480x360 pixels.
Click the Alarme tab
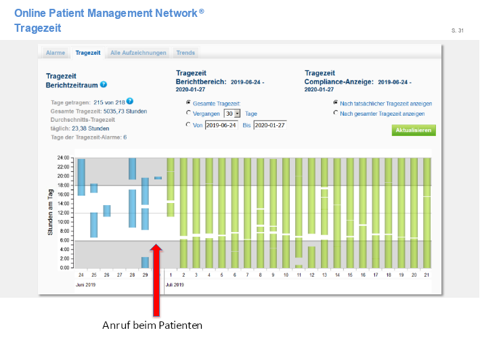click(x=56, y=53)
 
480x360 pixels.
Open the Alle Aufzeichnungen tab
click(x=138, y=53)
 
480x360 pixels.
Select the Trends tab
click(x=186, y=53)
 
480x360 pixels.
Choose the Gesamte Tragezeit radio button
click(x=188, y=103)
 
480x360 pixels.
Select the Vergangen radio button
click(x=188, y=114)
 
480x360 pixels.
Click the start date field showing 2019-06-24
click(x=221, y=125)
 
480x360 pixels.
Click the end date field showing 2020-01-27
click(x=270, y=125)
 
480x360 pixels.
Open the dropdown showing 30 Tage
click(x=233, y=114)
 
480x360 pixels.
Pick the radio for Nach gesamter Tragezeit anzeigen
click(x=336, y=114)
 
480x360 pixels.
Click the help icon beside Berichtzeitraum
click(x=104, y=85)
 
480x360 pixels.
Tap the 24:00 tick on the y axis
click(x=63, y=158)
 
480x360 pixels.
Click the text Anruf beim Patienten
click(x=152, y=325)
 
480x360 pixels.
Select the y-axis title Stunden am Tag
click(x=51, y=213)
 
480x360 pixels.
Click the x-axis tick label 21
click(x=427, y=275)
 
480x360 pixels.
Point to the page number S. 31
click(x=457, y=30)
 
